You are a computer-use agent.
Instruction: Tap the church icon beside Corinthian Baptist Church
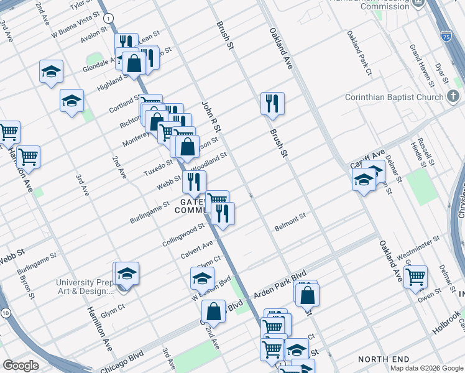[454, 96]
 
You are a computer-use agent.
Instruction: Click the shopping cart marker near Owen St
[415, 276]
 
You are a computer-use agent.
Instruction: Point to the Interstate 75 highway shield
[444, 36]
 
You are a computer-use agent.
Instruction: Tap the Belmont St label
[290, 223]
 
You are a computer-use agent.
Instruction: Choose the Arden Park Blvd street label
[280, 283]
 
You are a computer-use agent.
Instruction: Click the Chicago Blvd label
[120, 359]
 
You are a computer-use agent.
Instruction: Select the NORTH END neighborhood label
[384, 359]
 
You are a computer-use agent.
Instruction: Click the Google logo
[21, 366]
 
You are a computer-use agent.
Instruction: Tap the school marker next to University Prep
[126, 274]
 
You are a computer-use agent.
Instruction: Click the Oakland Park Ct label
[359, 53]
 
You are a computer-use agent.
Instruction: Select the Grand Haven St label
[419, 65]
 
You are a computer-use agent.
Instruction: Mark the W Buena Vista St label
[75, 22]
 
